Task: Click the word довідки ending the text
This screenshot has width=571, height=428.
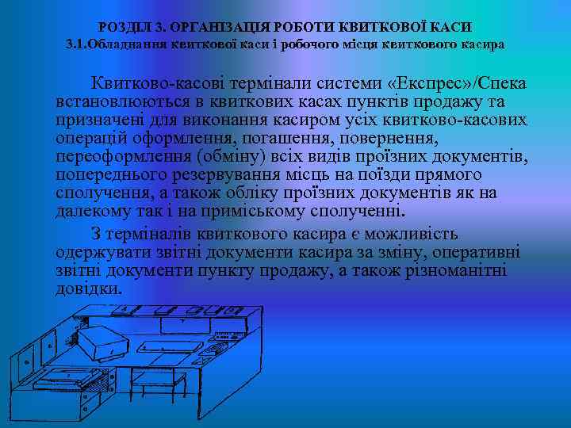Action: click(89, 289)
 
